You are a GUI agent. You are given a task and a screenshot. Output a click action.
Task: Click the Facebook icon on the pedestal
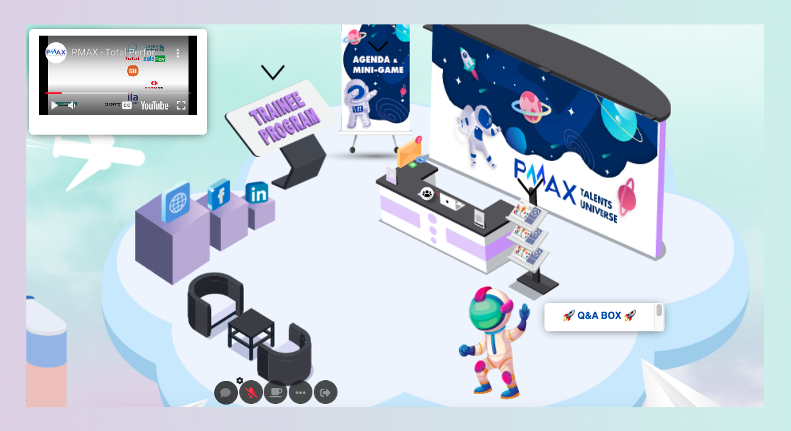pyautogui.click(x=218, y=195)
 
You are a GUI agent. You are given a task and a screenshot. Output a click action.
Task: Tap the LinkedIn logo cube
pyautogui.click(x=256, y=193)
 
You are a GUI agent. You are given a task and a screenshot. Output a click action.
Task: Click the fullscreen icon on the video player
pyautogui.click(x=181, y=106)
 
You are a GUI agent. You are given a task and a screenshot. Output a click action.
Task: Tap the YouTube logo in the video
pyautogui.click(x=154, y=106)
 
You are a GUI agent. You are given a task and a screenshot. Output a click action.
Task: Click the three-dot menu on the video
pyautogui.click(x=177, y=53)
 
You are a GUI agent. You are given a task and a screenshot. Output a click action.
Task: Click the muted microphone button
pyautogui.click(x=250, y=393)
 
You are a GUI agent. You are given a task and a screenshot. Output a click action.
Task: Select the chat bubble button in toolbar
pyautogui.click(x=225, y=393)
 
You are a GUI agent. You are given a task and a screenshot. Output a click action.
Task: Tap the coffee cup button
pyautogui.click(x=276, y=393)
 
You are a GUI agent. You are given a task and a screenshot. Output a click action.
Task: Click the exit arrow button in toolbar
pyautogui.click(x=325, y=393)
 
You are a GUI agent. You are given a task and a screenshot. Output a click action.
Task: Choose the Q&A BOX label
pyautogui.click(x=599, y=316)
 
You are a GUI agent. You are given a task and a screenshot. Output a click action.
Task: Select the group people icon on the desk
pyautogui.click(x=427, y=193)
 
